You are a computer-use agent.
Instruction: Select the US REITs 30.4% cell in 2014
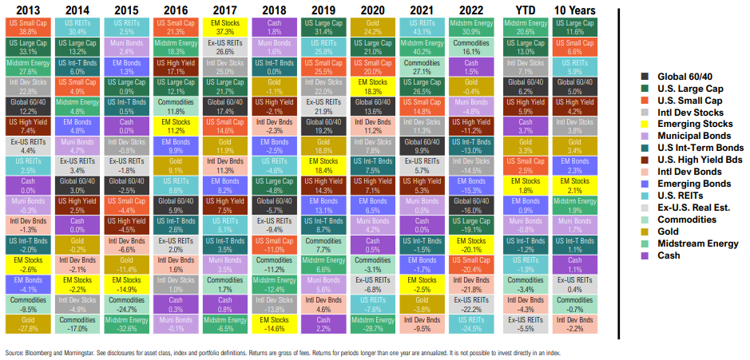pyautogui.click(x=77, y=26)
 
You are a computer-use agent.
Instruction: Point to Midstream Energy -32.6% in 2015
pyautogui.click(x=127, y=322)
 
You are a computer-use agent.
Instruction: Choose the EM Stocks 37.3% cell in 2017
pyautogui.click(x=225, y=26)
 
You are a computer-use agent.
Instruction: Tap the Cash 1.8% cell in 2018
pyautogui.click(x=274, y=26)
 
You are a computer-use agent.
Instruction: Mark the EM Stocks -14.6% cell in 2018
pyautogui.click(x=274, y=322)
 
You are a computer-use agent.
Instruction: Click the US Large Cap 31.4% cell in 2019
pyautogui.click(x=323, y=26)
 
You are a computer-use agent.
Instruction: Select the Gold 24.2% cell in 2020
pyautogui.click(x=373, y=26)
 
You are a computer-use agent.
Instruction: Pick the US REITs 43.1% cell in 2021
pyautogui.click(x=422, y=26)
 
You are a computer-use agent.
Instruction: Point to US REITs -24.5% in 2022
pyautogui.click(x=471, y=322)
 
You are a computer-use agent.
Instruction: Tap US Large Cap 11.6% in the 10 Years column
pyautogui.click(x=573, y=26)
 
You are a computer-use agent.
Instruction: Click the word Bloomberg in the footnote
pyautogui.click(x=37, y=352)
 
